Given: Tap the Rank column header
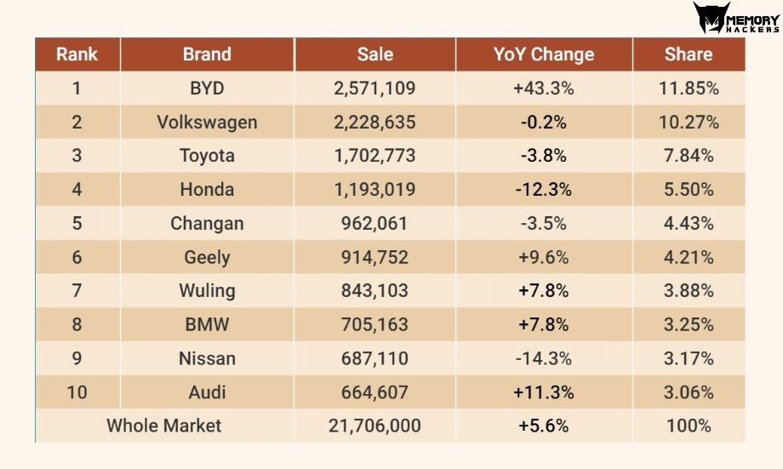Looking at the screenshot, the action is (x=77, y=54).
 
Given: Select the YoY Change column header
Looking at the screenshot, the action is (x=544, y=54).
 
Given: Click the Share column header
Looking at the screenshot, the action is (x=689, y=54).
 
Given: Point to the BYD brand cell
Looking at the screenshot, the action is (x=207, y=89).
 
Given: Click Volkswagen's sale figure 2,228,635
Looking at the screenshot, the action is (x=374, y=123).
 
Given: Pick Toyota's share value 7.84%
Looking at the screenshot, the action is (x=689, y=156).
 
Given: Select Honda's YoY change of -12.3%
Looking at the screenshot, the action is (x=543, y=190).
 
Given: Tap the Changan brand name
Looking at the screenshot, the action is (x=207, y=224).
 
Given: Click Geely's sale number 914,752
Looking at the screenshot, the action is (x=374, y=257).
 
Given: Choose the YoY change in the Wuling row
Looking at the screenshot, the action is (x=543, y=291).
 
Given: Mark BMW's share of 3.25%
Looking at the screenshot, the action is (x=689, y=324).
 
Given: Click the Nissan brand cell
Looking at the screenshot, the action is (x=207, y=358).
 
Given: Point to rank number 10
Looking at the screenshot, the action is (x=77, y=392).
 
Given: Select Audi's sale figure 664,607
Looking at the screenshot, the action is (x=374, y=392).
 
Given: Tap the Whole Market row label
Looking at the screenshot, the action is (x=163, y=426).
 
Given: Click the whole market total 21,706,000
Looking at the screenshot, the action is (x=374, y=426).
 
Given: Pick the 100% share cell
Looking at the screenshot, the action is (x=689, y=426).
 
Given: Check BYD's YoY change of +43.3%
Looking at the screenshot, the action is (x=543, y=89).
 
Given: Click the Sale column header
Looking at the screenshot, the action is (x=375, y=54).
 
